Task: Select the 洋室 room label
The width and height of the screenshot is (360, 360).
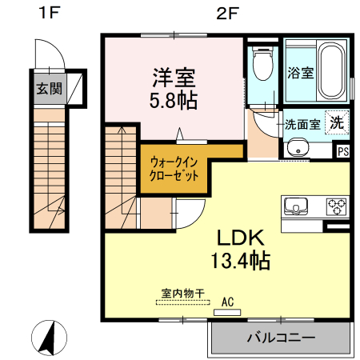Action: click(x=175, y=78)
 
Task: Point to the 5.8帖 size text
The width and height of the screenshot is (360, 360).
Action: click(x=175, y=101)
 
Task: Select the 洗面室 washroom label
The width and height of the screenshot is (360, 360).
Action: click(x=303, y=124)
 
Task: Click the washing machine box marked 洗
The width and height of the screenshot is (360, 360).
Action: click(x=338, y=123)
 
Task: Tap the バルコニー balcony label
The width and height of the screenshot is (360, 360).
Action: click(x=280, y=338)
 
